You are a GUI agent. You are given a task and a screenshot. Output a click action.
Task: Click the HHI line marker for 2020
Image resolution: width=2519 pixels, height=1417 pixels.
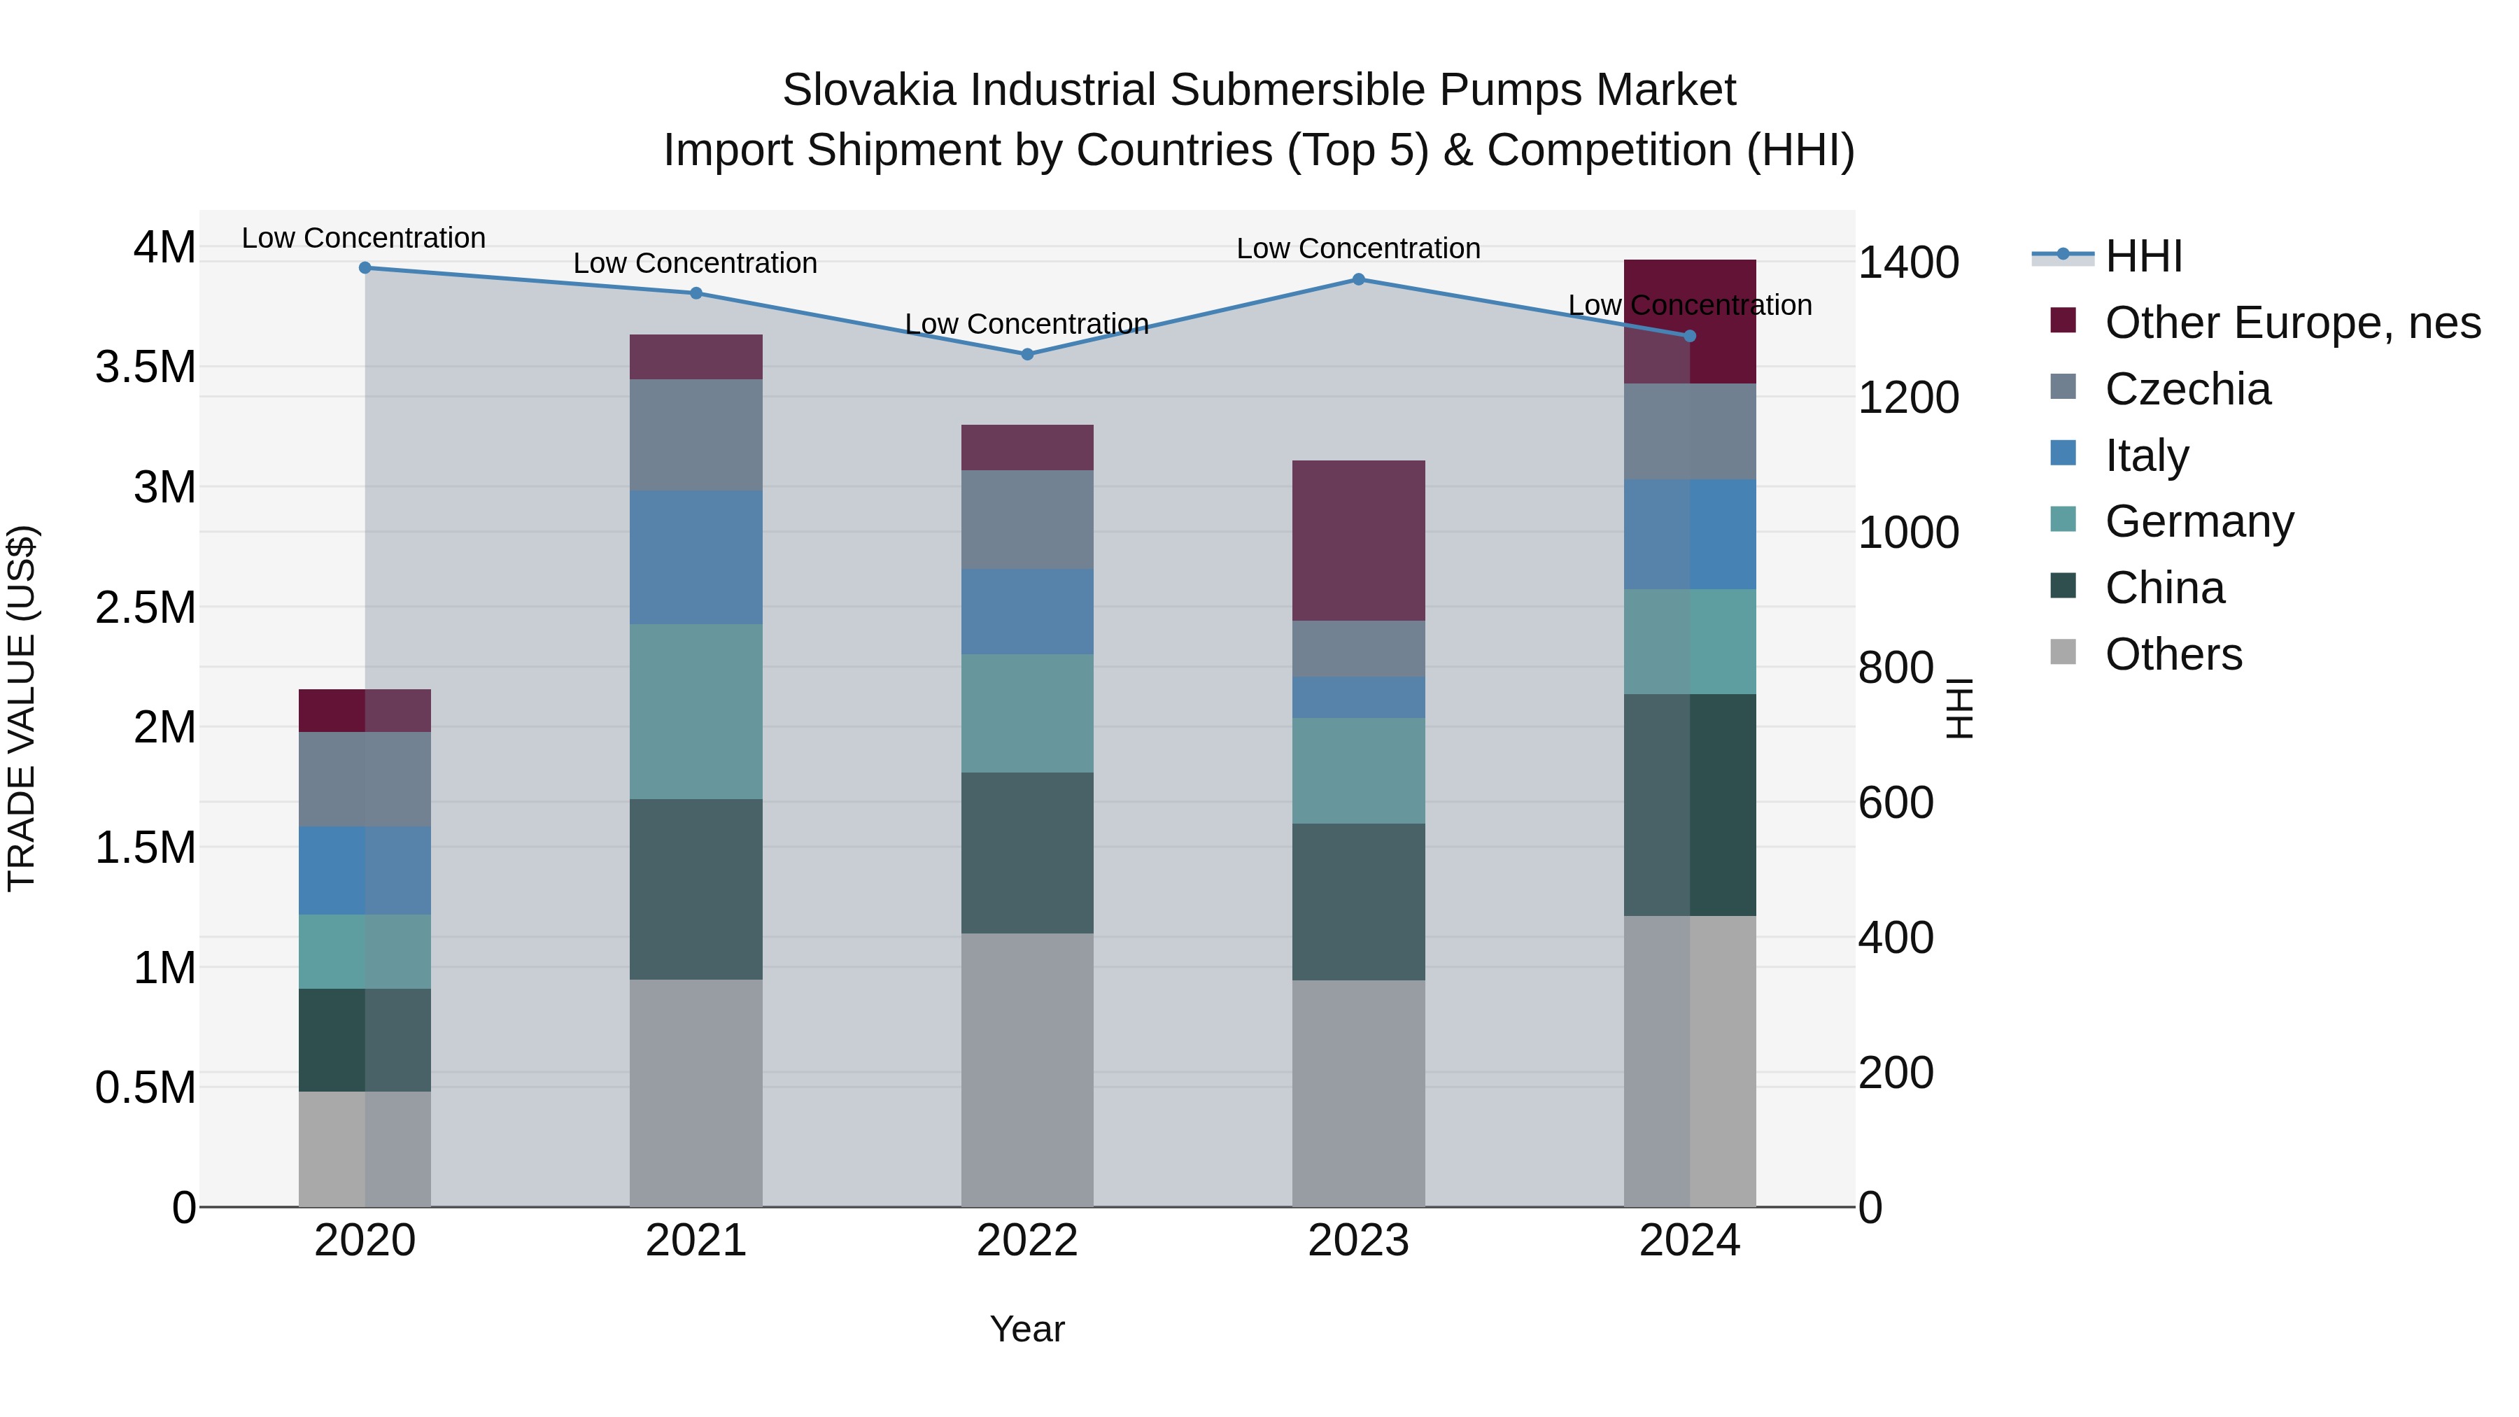365,267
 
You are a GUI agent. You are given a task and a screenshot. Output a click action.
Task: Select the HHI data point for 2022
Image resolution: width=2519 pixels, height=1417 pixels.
1026,354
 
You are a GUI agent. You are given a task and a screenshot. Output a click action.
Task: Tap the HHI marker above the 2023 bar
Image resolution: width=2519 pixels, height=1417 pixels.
1358,280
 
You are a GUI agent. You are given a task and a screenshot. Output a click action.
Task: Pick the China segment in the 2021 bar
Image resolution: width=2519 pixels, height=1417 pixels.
696,889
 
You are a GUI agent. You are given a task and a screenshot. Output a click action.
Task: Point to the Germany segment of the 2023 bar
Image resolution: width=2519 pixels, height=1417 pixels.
1358,770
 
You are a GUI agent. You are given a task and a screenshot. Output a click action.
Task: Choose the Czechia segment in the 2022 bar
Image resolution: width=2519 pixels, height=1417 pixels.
1026,519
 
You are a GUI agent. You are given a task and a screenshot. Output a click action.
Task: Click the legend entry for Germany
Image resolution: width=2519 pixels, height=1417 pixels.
2199,521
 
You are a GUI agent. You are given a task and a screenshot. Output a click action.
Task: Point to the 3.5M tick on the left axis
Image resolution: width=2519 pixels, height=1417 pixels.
145,367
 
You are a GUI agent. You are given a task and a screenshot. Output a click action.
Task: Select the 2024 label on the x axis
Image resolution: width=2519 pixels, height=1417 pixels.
1689,1241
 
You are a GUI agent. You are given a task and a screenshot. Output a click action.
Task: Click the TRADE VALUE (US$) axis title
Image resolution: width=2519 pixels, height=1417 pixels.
22,708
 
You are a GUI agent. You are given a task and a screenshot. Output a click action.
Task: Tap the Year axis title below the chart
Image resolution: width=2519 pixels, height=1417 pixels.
1026,1329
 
